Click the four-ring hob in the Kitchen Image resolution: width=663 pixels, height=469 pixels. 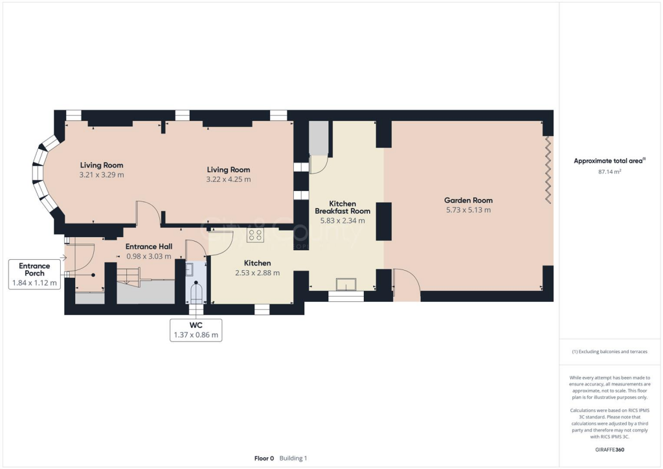(x=255, y=235)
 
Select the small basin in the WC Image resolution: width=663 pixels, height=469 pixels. (x=190, y=269)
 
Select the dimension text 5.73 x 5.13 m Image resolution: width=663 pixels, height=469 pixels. (x=467, y=210)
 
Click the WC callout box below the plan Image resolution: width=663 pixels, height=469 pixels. (x=196, y=330)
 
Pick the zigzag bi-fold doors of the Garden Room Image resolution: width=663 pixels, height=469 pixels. (x=549, y=168)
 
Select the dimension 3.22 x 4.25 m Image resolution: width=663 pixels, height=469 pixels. (x=229, y=179)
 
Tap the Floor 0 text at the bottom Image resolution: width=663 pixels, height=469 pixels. (x=264, y=458)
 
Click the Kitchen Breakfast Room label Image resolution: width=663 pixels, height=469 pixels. (x=343, y=207)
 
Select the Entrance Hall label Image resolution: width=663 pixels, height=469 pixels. (x=148, y=246)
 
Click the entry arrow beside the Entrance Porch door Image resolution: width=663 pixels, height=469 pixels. (x=62, y=257)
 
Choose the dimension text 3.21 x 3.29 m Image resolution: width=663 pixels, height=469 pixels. (x=102, y=175)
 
